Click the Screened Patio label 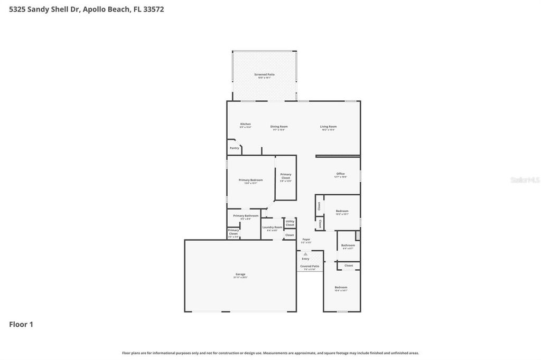[x=264, y=74]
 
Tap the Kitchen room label [x=246, y=124]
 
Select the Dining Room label [x=279, y=127]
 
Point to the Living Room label [x=328, y=127]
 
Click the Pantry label [x=234, y=148]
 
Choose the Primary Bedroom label [x=250, y=181]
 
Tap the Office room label [x=340, y=174]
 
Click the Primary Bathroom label [x=246, y=216]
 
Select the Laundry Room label [x=272, y=228]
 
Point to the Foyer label [x=306, y=239]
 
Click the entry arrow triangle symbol [x=305, y=254]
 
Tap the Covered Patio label [x=310, y=267]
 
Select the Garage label [x=240, y=274]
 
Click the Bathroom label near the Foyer [x=348, y=245]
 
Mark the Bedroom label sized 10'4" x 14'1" [x=341, y=288]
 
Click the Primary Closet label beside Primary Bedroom [x=286, y=176]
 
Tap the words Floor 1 [x=21, y=325]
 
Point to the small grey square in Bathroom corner [x=358, y=235]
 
